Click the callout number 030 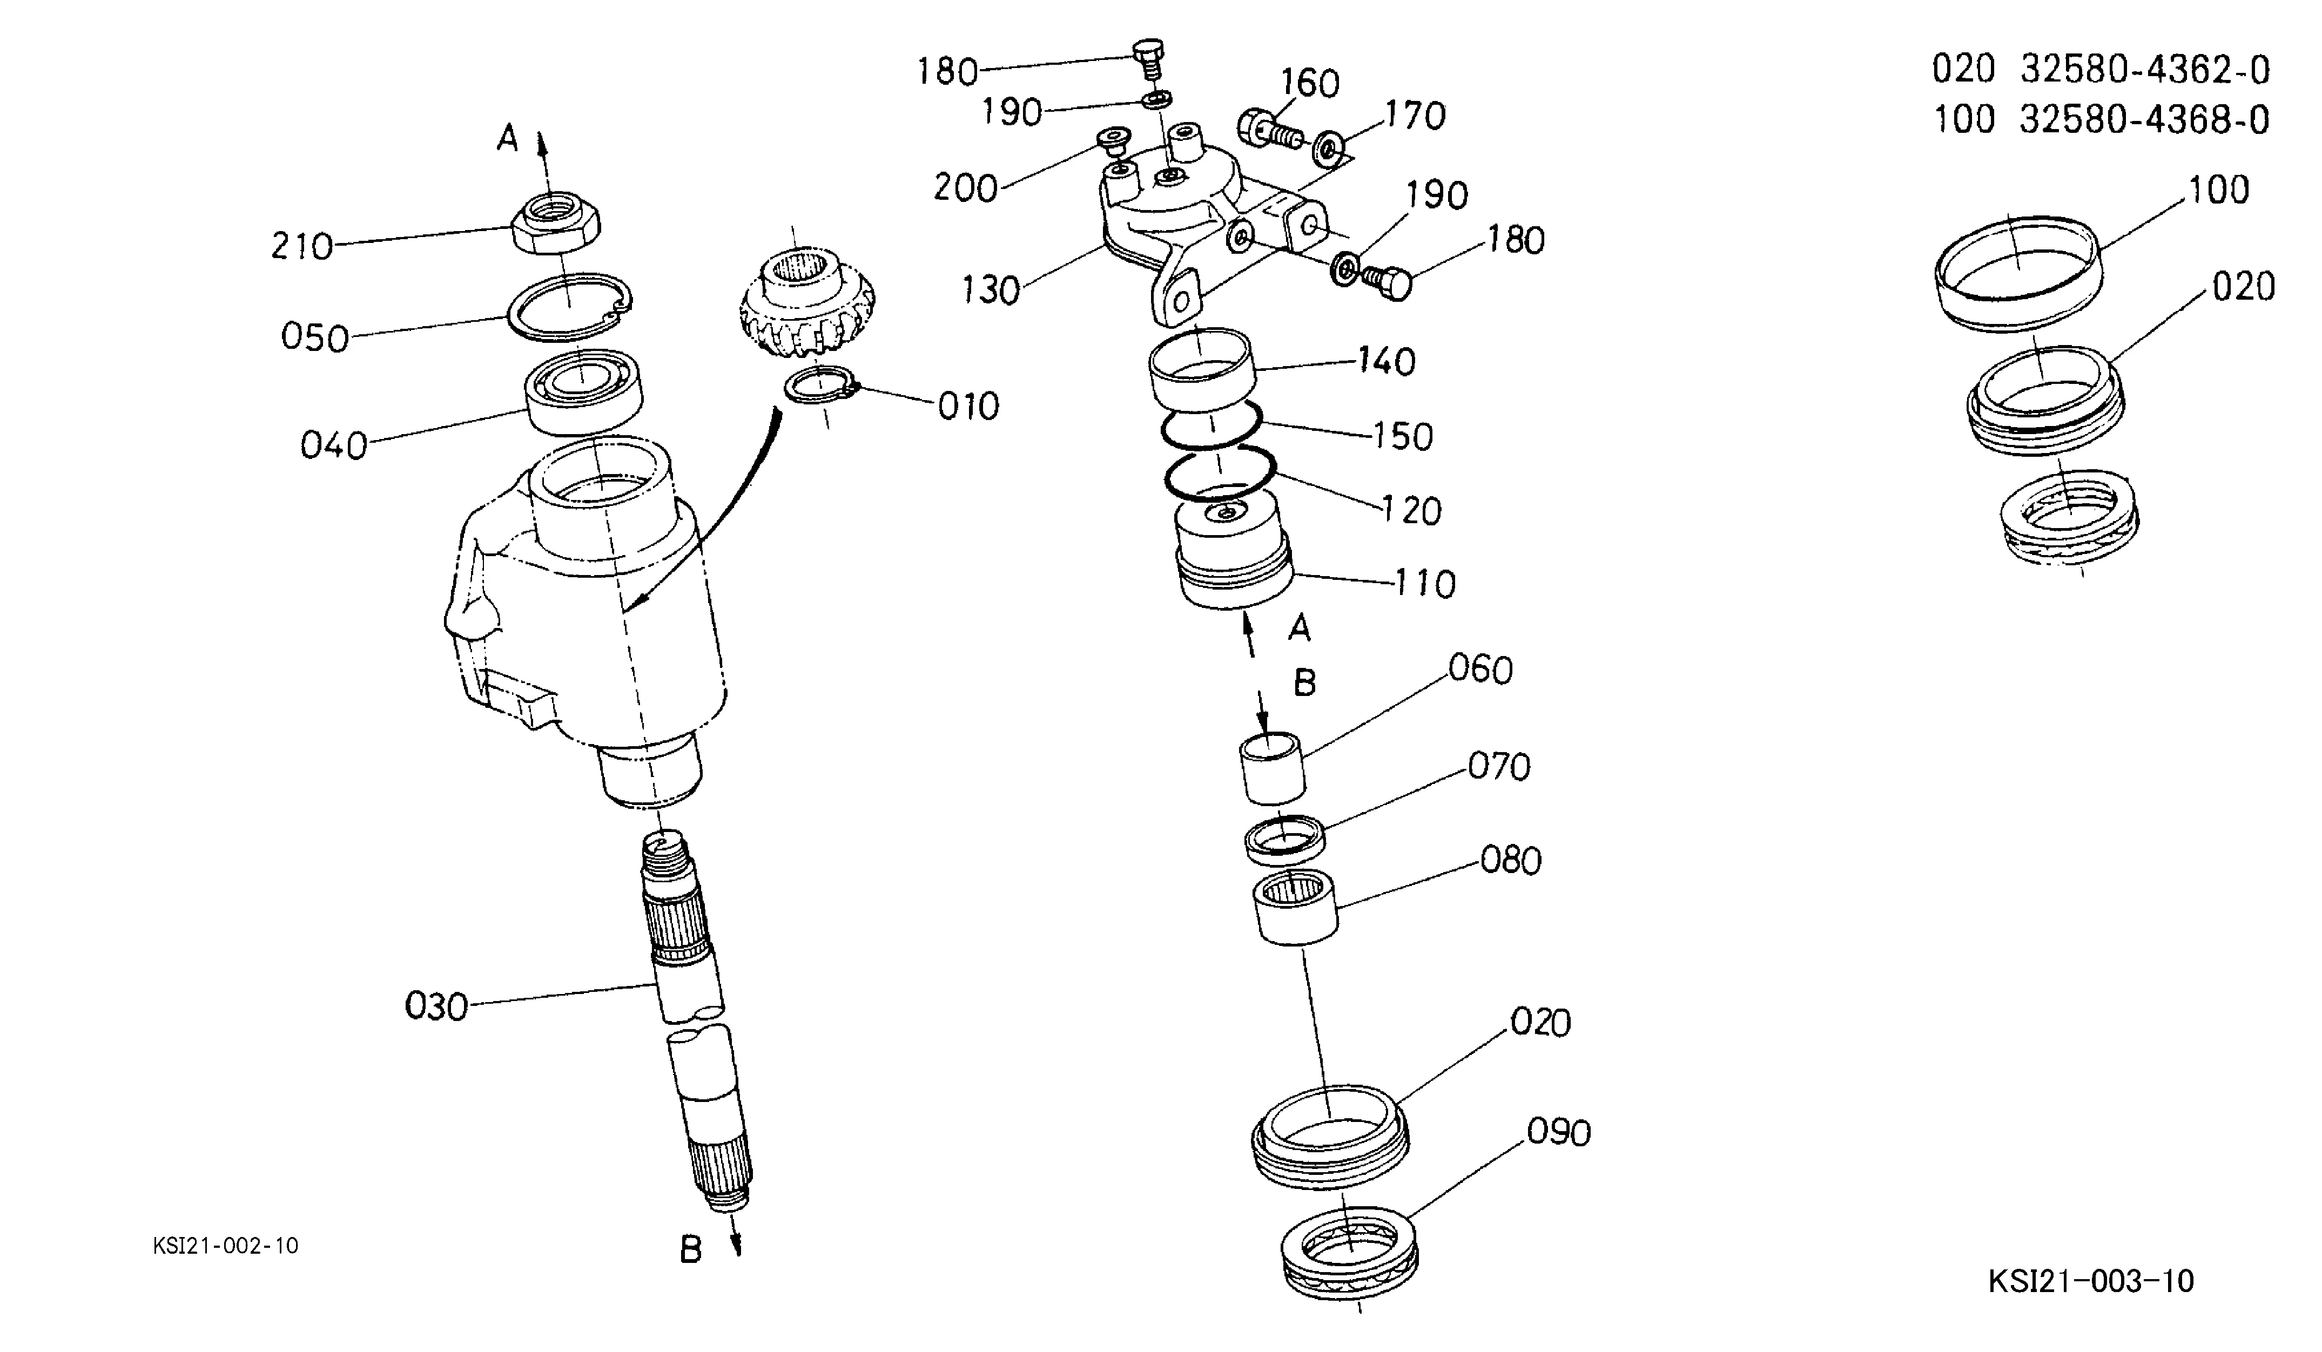[437, 1006]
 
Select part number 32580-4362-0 [2145, 70]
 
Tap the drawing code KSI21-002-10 [226, 1246]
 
